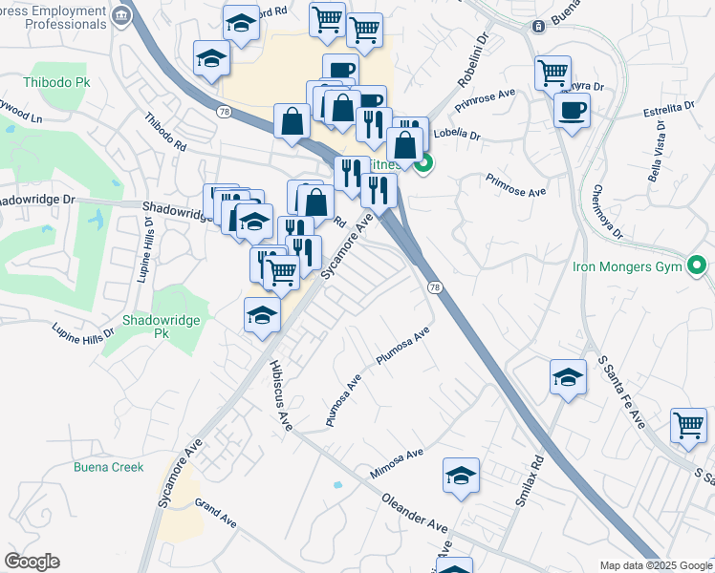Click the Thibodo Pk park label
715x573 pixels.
point(37,83)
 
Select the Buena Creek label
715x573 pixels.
point(108,467)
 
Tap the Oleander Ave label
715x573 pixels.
point(413,513)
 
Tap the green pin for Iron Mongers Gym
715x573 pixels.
point(699,265)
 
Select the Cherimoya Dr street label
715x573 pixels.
point(606,212)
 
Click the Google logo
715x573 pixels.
point(32,562)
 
